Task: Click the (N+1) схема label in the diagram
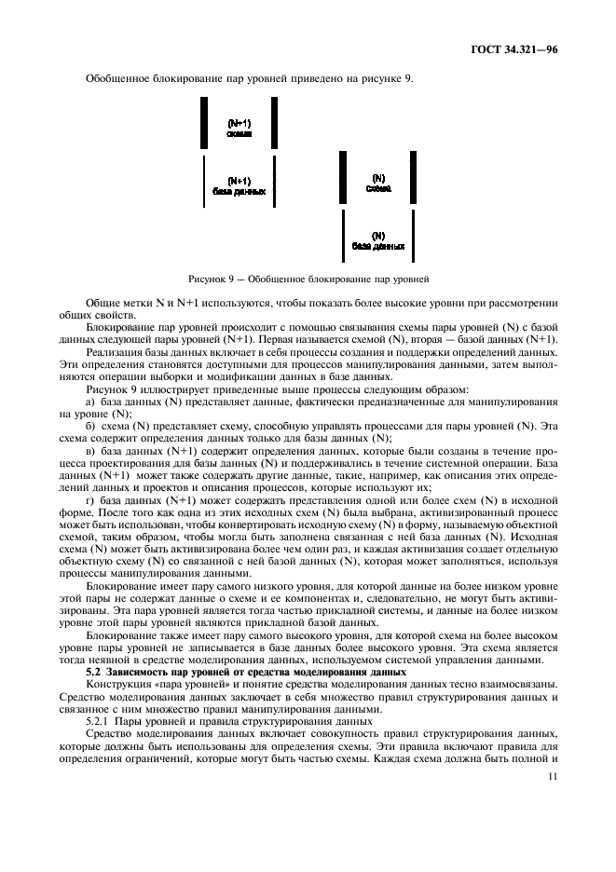(x=239, y=129)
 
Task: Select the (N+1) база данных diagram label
(x=239, y=185)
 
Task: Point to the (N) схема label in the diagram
(x=378, y=182)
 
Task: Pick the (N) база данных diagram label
(x=378, y=240)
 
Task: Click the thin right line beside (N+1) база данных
(x=277, y=183)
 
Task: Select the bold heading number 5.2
(x=94, y=672)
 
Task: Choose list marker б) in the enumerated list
(x=90, y=425)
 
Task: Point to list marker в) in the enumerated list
(x=90, y=449)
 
